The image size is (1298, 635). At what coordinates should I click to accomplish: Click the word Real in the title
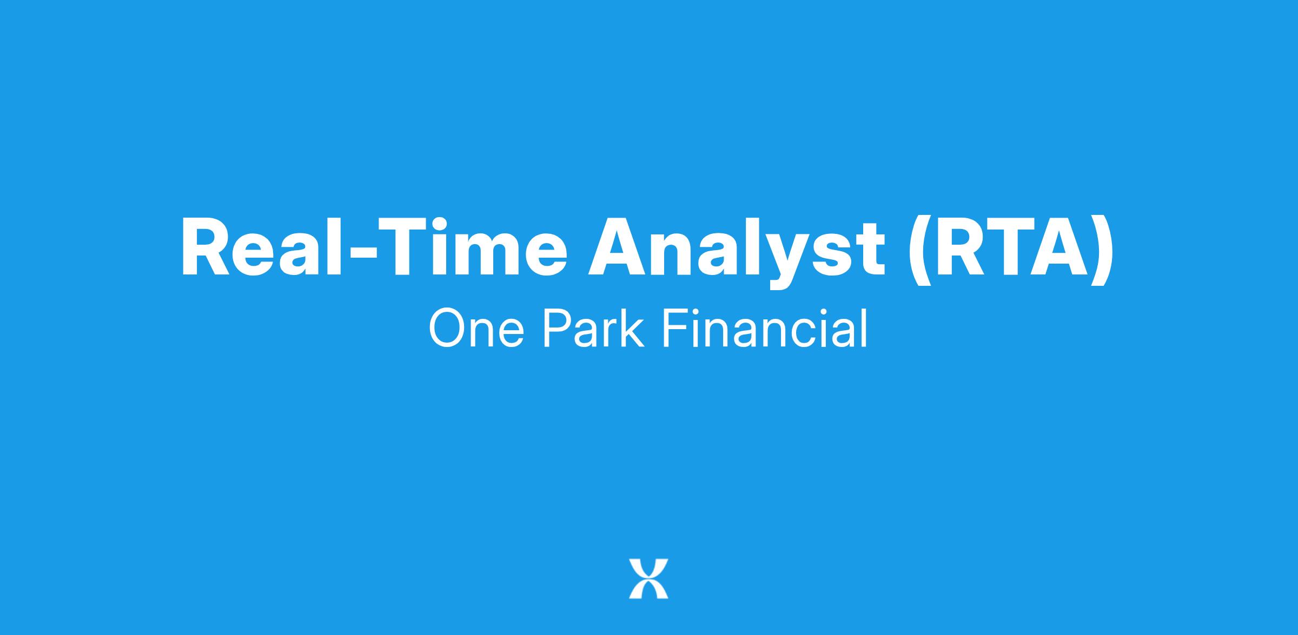click(x=261, y=246)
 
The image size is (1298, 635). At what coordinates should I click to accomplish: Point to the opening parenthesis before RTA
click(x=919, y=252)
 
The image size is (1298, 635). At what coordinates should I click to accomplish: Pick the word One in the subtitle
click(x=476, y=328)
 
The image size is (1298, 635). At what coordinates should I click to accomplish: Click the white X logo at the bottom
click(x=648, y=578)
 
